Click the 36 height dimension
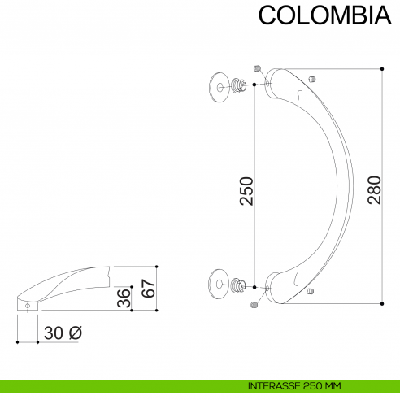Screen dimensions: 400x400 click(123, 297)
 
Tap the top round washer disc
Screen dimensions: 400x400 click(220, 85)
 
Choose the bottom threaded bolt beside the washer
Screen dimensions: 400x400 click(241, 285)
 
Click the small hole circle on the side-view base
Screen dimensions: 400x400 click(28, 306)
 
